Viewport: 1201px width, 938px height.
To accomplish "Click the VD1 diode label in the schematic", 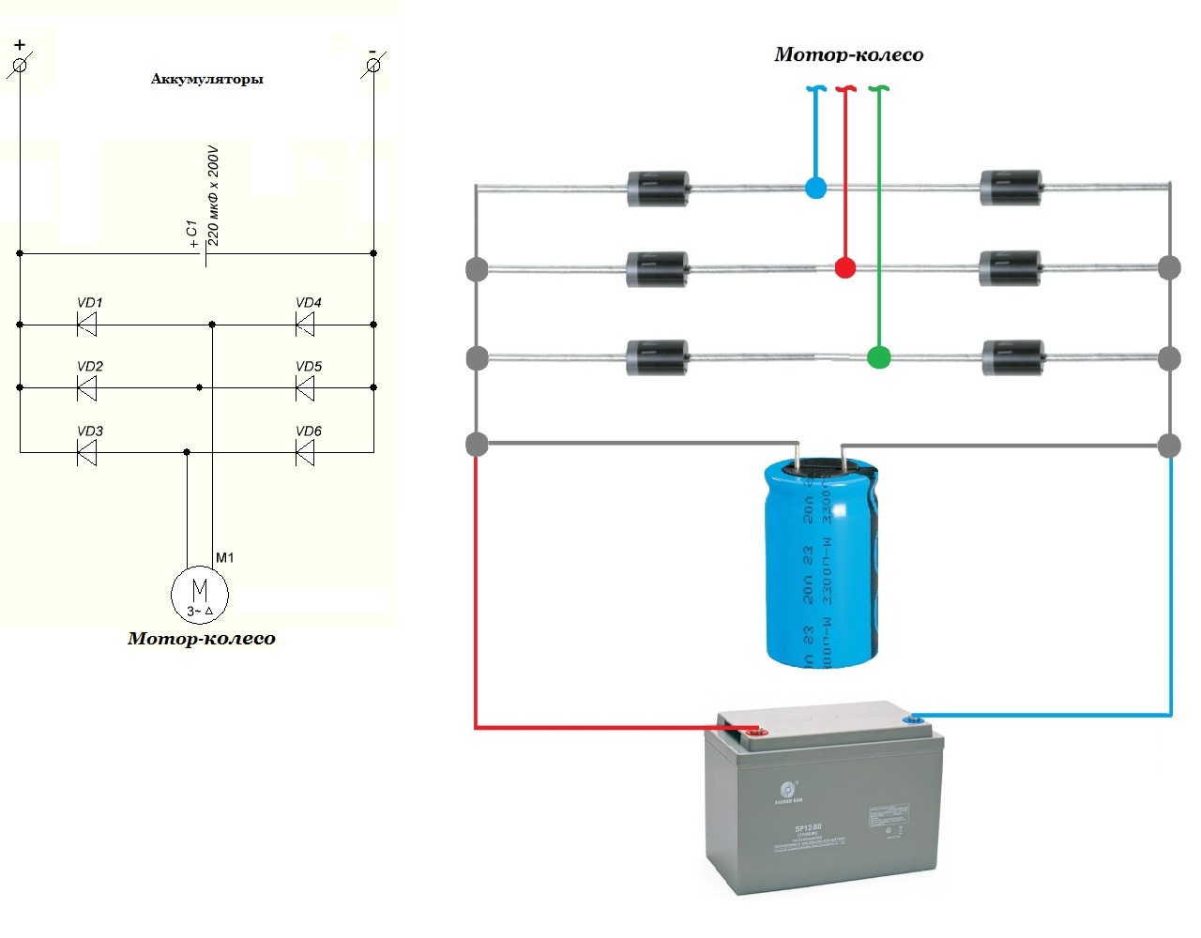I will pyautogui.click(x=90, y=303).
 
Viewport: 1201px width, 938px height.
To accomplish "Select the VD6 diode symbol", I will pyautogui.click(x=304, y=454).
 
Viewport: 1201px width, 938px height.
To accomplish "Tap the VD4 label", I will pyautogui.click(x=309, y=303).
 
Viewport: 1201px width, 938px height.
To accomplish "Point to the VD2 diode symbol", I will pyautogui.click(x=87, y=387).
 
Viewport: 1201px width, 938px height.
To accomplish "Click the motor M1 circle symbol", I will pyautogui.click(x=199, y=593).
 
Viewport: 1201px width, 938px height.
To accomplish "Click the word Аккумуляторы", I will pyautogui.click(x=206, y=80).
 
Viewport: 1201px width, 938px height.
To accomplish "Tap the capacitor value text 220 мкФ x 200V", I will pyautogui.click(x=213, y=195).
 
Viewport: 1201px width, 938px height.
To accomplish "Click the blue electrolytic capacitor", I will pyautogui.click(x=822, y=563).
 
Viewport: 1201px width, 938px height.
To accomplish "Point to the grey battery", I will pyautogui.click(x=823, y=802).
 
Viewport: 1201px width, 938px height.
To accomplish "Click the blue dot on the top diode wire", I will pyautogui.click(x=816, y=188).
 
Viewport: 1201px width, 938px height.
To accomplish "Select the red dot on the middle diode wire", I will pyautogui.click(x=845, y=268).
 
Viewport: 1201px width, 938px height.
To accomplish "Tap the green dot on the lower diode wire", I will pyautogui.click(x=878, y=357).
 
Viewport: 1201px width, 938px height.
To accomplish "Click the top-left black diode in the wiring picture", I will pyautogui.click(x=657, y=188).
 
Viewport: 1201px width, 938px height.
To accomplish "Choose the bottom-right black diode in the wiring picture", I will pyautogui.click(x=1012, y=357).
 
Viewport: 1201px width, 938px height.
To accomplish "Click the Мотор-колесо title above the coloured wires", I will pyautogui.click(x=848, y=54).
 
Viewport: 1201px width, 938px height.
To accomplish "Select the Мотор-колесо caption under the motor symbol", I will pyautogui.click(x=202, y=639).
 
